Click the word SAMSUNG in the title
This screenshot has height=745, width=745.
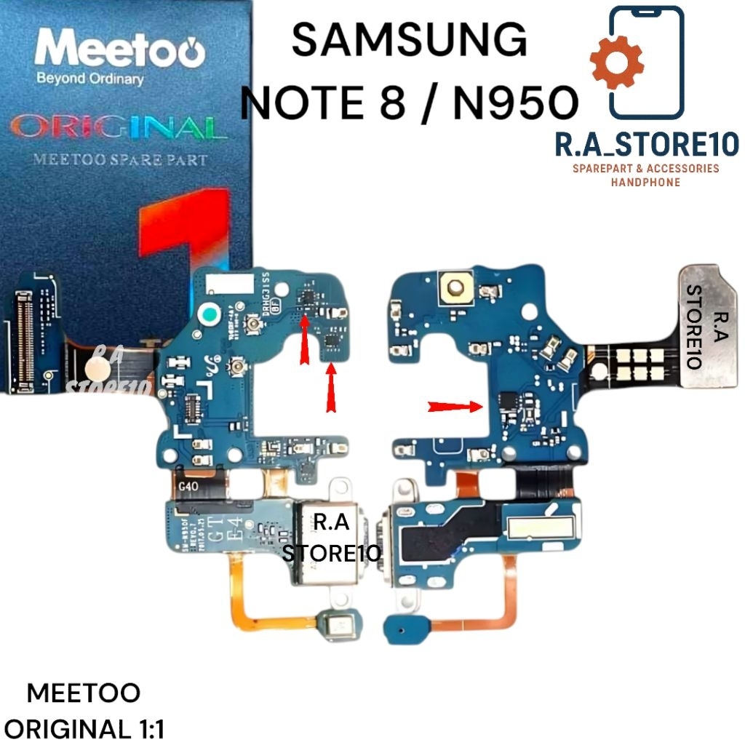tap(409, 40)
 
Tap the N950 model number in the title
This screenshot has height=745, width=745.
tap(516, 105)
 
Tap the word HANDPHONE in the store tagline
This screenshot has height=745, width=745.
tap(646, 182)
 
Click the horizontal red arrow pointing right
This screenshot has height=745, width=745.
tap(456, 407)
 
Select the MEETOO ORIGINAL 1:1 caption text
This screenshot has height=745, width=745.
tap(83, 710)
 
